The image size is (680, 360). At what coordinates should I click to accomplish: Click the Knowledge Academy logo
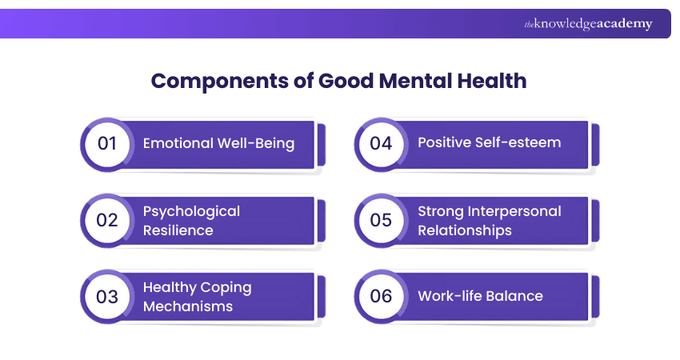588,24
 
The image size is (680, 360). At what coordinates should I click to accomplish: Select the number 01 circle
107,144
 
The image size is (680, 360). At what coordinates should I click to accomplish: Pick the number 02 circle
107,220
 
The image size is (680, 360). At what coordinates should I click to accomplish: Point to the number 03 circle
107,296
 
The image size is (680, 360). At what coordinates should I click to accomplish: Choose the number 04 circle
381,144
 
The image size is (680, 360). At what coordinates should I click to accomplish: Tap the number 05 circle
381,220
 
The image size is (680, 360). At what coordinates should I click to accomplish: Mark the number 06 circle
381,296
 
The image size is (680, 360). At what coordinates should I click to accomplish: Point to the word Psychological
191,211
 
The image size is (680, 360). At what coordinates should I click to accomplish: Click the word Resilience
178,230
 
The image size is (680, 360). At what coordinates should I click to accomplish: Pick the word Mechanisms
187,306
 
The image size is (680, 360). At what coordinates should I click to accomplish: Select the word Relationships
465,230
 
